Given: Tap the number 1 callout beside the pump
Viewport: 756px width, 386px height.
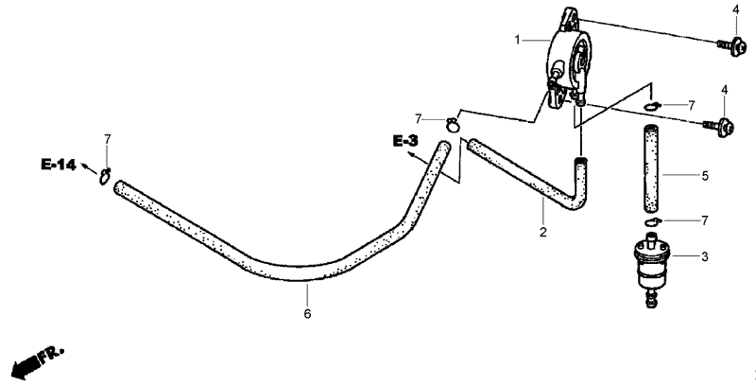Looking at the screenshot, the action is pos(517,40).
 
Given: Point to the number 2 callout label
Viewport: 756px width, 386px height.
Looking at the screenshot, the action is pos(543,232).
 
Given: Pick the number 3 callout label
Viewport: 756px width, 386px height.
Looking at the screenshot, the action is pos(705,257).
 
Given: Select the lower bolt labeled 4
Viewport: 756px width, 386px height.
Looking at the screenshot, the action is pos(719,128).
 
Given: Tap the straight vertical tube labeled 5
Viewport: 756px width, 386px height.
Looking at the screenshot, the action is pos(652,168).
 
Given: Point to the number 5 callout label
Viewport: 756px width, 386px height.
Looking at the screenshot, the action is pos(705,176).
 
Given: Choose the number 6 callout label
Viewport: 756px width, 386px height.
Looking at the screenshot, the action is pos(308,314).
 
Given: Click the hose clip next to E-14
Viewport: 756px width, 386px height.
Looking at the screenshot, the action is pos(106,176).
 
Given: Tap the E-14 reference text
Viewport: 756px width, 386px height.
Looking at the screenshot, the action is pos(59,165).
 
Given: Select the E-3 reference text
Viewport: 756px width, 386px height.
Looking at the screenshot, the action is pos(405,141).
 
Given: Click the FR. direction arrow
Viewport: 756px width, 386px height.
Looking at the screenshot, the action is pos(37,360).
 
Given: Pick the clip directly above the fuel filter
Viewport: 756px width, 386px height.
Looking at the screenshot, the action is pos(652,221).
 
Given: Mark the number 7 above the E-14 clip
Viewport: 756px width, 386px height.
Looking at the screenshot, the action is pos(107,139).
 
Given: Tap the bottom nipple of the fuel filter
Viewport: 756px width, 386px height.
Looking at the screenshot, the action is pos(651,298).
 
